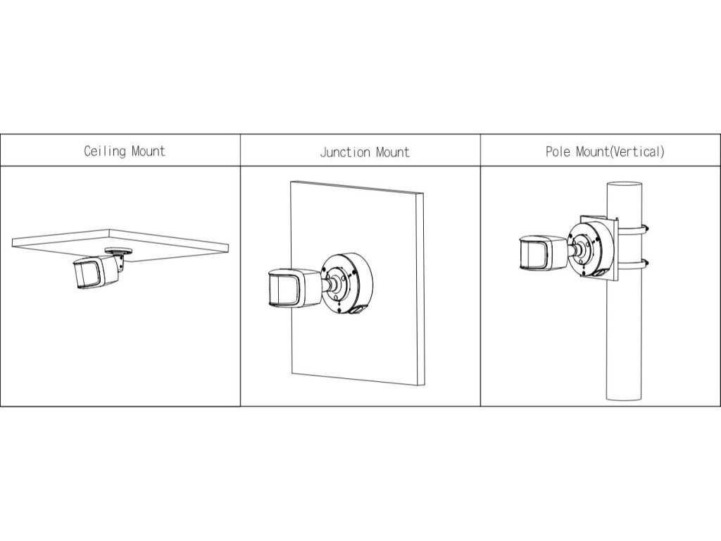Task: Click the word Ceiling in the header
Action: pos(105,151)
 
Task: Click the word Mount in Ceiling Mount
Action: pos(148,151)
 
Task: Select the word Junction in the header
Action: pos(346,151)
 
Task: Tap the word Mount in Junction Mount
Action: pos(392,151)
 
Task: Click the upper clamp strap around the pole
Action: pos(644,228)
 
